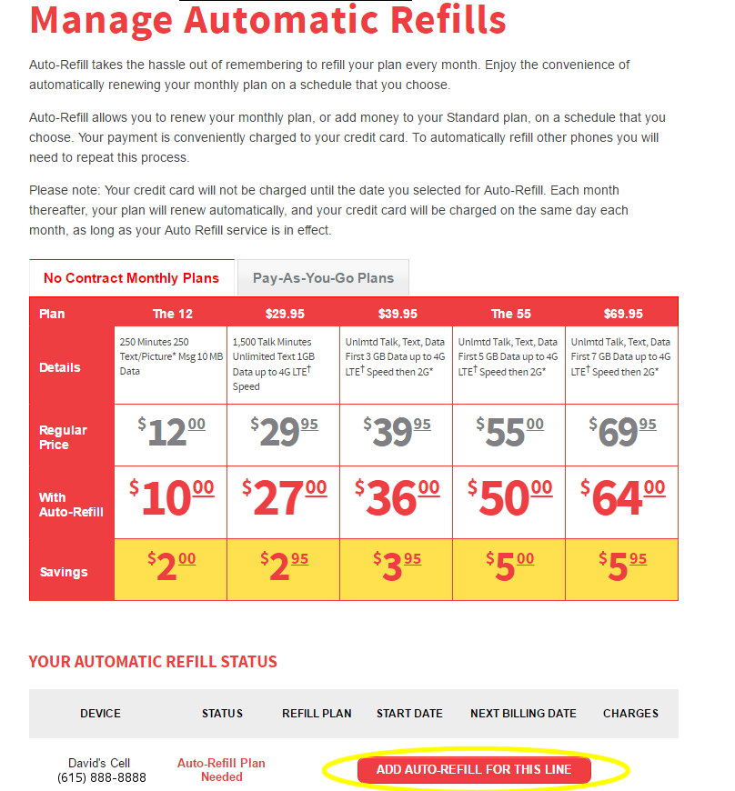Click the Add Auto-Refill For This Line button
click(474, 770)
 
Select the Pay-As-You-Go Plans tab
click(323, 278)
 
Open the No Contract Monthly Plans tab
click(131, 278)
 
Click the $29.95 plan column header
click(284, 314)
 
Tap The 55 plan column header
click(509, 314)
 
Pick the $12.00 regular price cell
click(171, 434)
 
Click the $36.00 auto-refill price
click(397, 500)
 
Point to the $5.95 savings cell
click(622, 568)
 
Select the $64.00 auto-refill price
click(622, 500)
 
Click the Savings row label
click(64, 572)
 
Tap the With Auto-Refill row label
click(71, 505)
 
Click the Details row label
click(60, 367)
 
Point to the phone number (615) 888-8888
click(101, 777)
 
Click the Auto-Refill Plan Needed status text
click(221, 770)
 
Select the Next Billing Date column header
click(523, 714)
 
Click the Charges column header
click(630, 714)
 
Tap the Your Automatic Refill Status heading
click(153, 661)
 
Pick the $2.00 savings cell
click(171, 568)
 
